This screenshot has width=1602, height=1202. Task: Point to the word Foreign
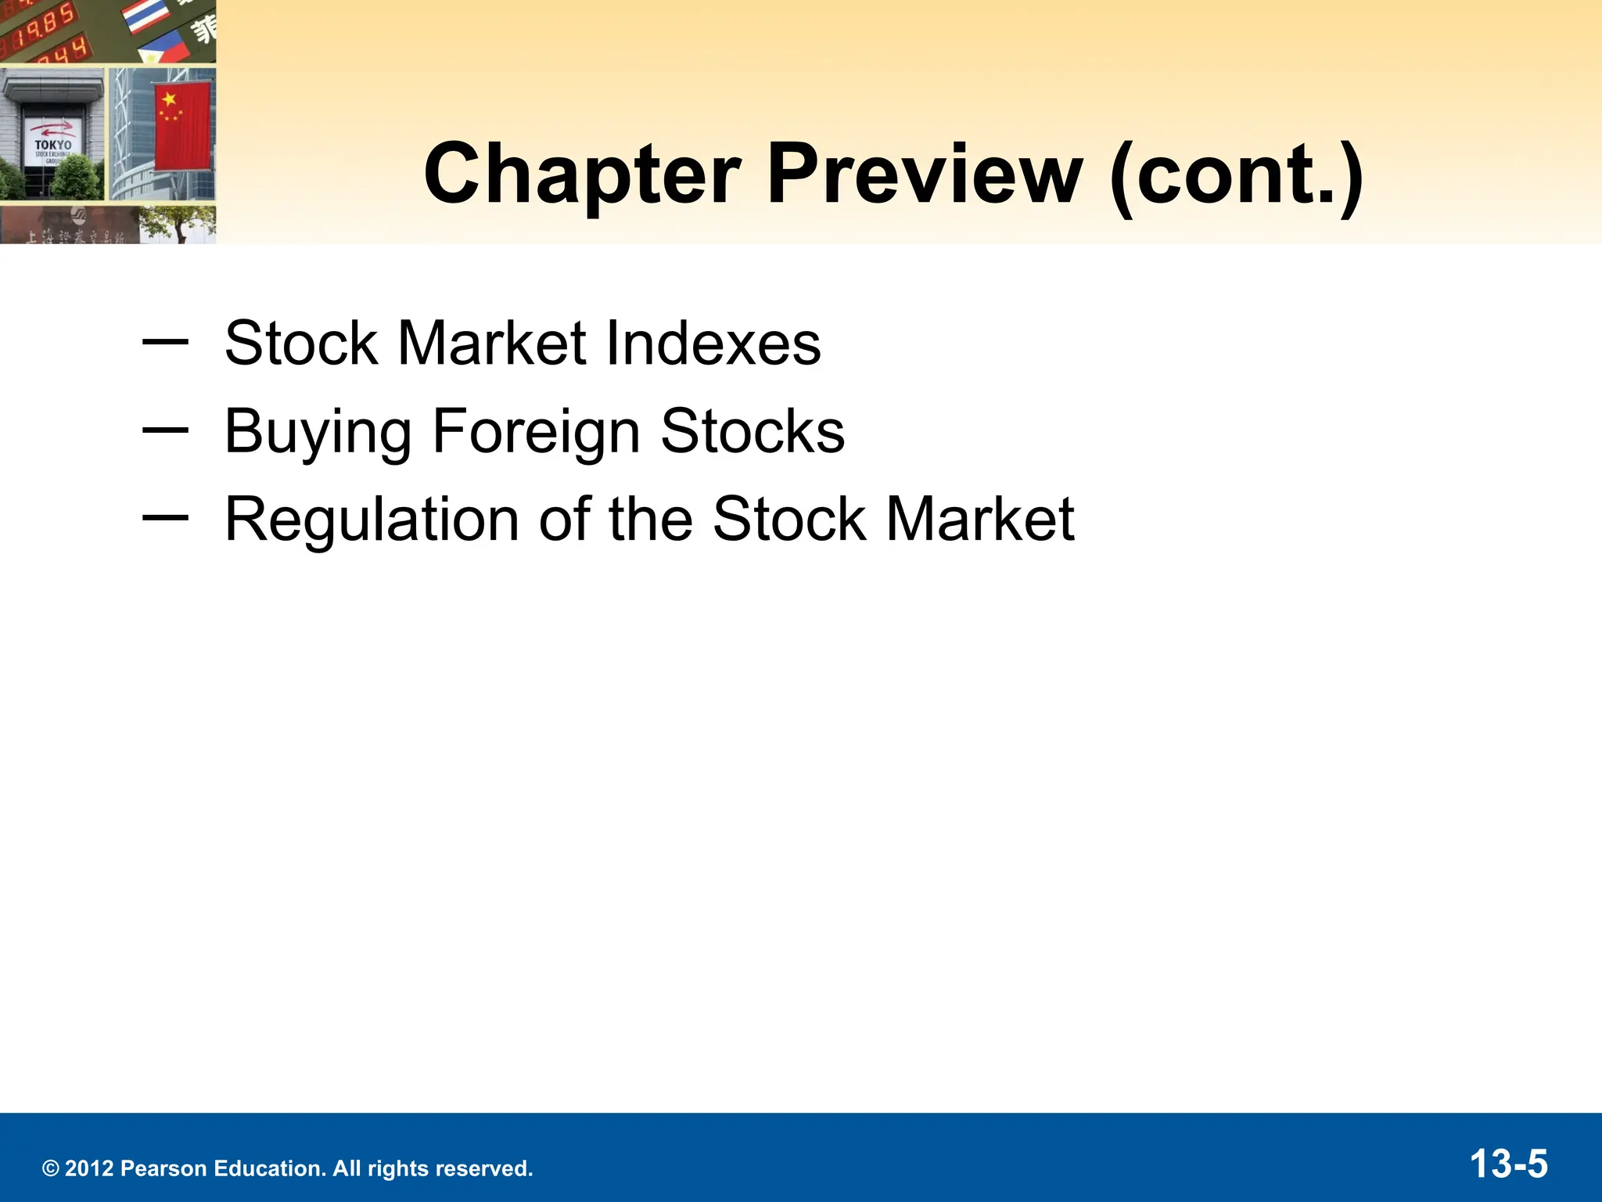coord(536,431)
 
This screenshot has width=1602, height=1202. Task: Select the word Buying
coord(318,431)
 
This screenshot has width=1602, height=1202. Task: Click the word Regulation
coord(372,519)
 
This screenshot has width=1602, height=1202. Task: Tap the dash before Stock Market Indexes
coord(165,340)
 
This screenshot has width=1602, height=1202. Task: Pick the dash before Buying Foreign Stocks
coord(165,429)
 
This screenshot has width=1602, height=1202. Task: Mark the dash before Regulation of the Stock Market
coord(165,516)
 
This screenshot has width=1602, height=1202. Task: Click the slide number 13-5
coord(1509,1164)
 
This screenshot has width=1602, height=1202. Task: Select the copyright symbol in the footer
coord(51,1169)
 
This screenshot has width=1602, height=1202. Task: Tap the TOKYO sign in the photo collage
coord(53,145)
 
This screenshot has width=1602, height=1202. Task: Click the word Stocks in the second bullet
coord(753,431)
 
